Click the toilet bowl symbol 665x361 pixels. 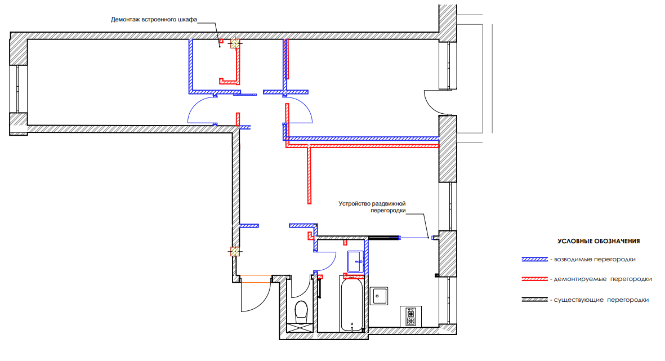[301, 310]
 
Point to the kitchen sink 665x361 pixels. [380, 296]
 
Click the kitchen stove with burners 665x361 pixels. [410, 316]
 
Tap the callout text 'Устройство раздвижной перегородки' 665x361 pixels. [372, 207]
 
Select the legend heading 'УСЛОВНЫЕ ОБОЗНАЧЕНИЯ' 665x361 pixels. [599, 241]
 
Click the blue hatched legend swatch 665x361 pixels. [535, 260]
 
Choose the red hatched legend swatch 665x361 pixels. [535, 279]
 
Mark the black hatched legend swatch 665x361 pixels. [535, 300]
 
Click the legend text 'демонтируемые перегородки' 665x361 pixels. [603, 279]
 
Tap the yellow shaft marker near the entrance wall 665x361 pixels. [234, 252]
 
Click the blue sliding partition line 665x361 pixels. [414, 238]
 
